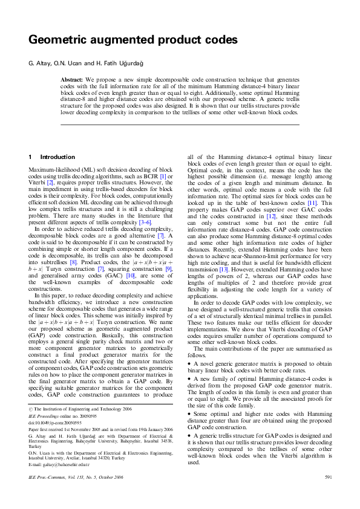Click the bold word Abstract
point(72,79)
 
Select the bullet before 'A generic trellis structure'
point(189,436)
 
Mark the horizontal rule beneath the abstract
point(180,125)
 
